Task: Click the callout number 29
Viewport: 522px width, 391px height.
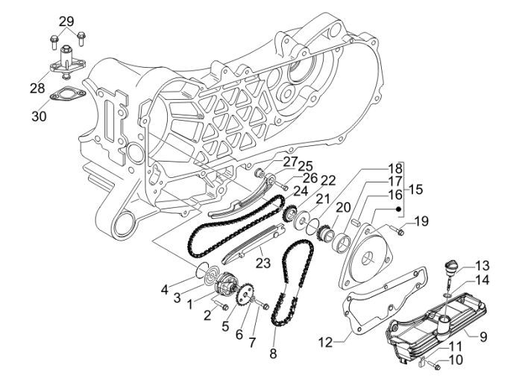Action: click(x=66, y=22)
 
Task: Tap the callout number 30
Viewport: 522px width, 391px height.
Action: click(x=40, y=115)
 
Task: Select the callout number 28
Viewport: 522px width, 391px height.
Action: click(x=37, y=89)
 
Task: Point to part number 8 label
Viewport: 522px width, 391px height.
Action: click(x=273, y=353)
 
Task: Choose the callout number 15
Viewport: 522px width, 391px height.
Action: click(x=416, y=190)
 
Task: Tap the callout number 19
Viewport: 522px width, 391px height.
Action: click(x=423, y=220)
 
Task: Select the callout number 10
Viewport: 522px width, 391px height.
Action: click(x=456, y=360)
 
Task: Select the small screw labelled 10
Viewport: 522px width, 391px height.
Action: click(x=437, y=366)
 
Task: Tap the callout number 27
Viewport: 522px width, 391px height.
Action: click(x=289, y=162)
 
